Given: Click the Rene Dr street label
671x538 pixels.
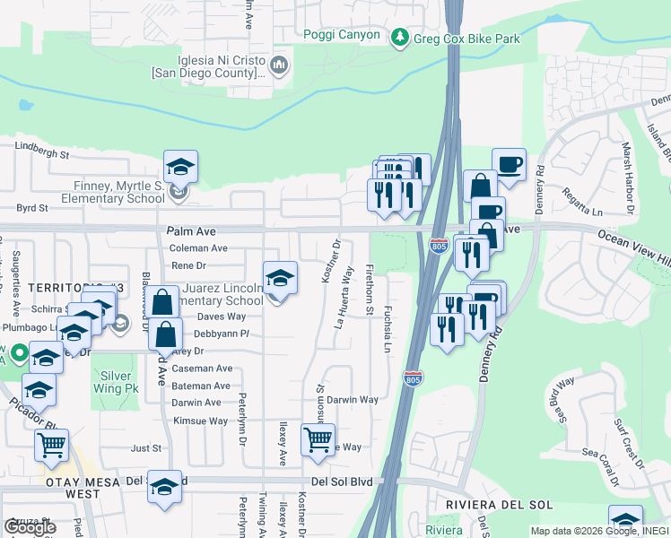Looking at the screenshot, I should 188,265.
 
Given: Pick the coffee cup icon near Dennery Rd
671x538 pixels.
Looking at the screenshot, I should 510,164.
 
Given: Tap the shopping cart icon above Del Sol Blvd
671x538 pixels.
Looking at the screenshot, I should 318,439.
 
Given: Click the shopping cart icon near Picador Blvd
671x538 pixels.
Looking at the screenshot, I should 52,443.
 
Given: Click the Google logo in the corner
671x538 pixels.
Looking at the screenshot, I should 30,526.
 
